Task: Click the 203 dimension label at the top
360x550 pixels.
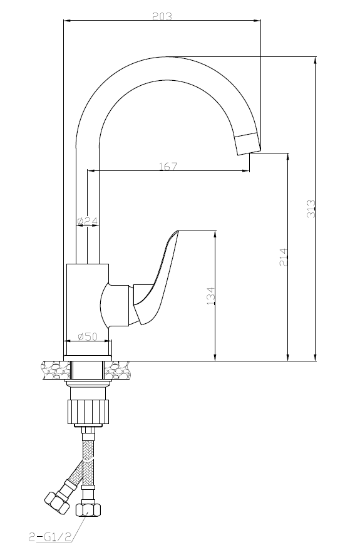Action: click(x=162, y=16)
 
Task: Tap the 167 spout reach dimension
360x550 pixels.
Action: click(x=168, y=166)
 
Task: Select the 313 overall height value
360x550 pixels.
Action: click(x=311, y=209)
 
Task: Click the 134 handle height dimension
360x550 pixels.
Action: click(x=210, y=296)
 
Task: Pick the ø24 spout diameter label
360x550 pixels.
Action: click(x=87, y=221)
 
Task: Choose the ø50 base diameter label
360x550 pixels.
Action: click(x=88, y=336)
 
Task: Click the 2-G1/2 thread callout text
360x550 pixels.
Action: click(x=50, y=536)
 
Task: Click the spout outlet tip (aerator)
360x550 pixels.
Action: click(x=248, y=143)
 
